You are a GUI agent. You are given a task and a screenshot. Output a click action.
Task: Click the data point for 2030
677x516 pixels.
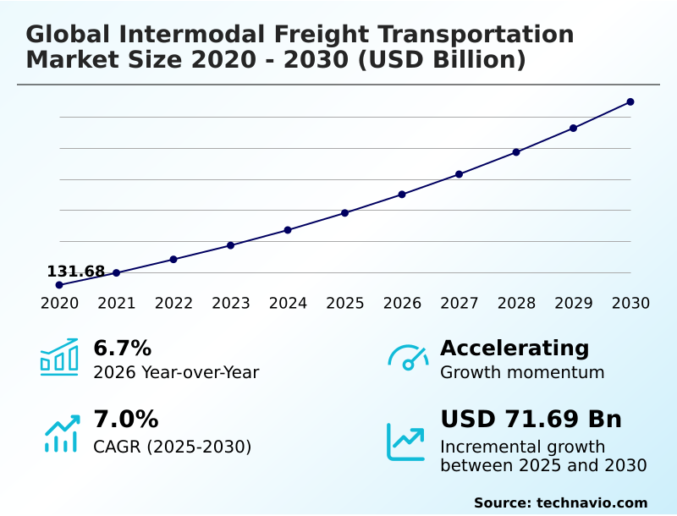[x=630, y=102]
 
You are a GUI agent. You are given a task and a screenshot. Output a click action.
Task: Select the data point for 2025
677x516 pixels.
[x=345, y=213]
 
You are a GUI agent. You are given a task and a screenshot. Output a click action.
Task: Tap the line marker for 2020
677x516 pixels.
[x=59, y=285]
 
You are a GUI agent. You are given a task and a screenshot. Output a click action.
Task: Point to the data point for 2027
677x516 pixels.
[x=459, y=174]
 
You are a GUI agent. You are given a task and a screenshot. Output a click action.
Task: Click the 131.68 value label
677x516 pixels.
[x=76, y=272]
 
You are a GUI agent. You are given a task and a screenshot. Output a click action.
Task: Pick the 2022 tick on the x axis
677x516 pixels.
[x=173, y=304]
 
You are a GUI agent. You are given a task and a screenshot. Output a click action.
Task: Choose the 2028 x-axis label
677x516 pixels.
[x=516, y=304]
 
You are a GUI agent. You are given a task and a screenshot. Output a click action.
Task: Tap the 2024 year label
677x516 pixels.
[x=288, y=304]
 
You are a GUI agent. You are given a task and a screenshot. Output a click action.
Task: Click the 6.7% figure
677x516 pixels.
[x=122, y=348]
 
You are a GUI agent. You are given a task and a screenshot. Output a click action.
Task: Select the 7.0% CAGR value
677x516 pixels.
[x=125, y=420]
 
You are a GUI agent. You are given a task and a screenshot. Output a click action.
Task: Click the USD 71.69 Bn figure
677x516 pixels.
[x=531, y=420]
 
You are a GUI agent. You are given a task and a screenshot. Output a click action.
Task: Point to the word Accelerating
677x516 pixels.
[x=515, y=348]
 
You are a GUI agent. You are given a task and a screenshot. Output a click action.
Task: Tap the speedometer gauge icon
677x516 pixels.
[x=408, y=358]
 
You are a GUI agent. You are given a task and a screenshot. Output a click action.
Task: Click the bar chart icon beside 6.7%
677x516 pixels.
[x=59, y=357]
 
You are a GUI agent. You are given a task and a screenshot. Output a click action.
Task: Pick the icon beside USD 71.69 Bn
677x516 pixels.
[x=406, y=442]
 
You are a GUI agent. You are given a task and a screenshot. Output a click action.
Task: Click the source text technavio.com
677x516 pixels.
[x=592, y=502]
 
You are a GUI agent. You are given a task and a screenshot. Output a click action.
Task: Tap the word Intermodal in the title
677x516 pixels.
[x=173, y=35]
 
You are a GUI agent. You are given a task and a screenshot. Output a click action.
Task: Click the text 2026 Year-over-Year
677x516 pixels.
[x=176, y=372]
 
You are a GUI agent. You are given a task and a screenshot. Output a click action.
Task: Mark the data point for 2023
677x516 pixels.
[x=231, y=245]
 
